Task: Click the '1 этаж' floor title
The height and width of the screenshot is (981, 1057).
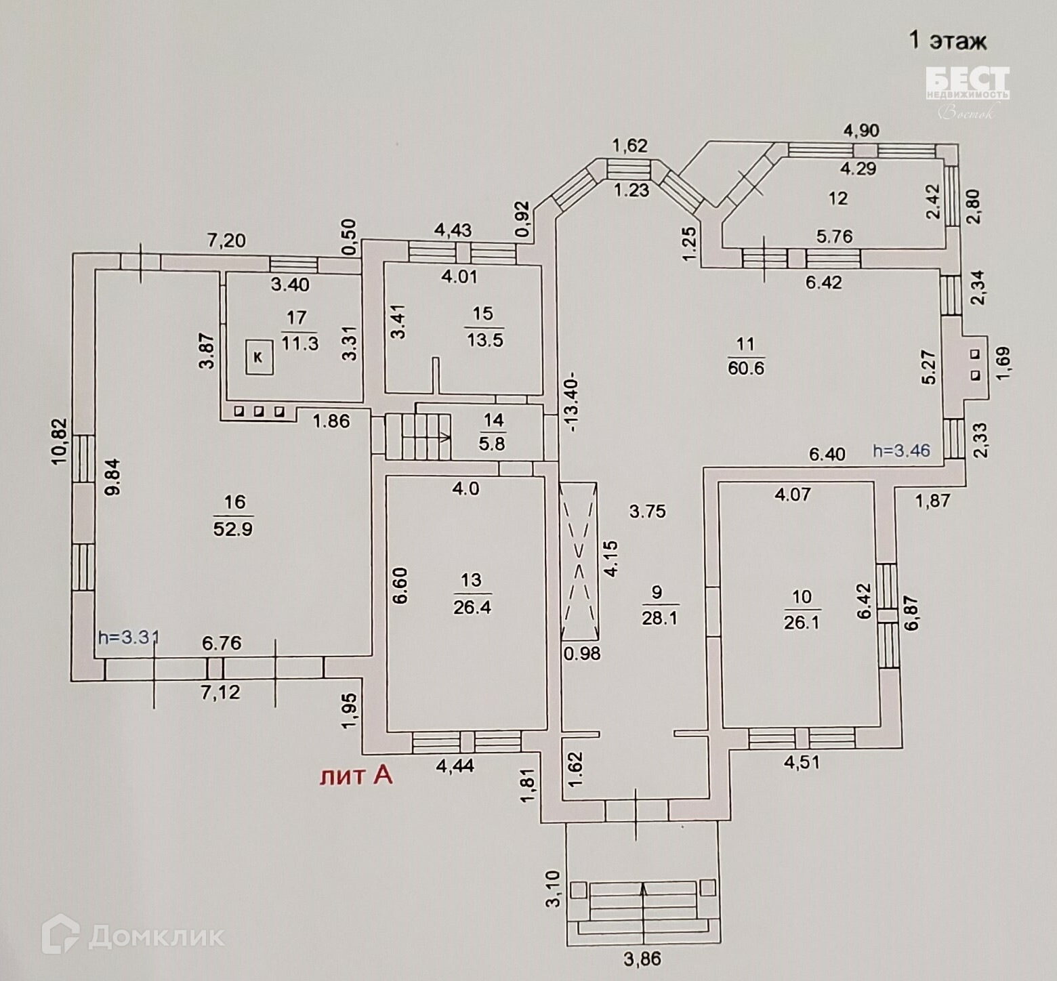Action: click(947, 41)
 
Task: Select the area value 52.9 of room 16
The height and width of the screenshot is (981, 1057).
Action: click(233, 528)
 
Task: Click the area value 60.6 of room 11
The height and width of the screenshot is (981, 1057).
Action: click(746, 367)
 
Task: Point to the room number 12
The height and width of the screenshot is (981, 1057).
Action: click(838, 198)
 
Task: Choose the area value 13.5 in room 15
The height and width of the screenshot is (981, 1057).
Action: click(484, 339)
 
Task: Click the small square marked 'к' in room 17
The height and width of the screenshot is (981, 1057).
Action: click(258, 356)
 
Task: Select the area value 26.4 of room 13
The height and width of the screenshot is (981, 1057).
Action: click(472, 606)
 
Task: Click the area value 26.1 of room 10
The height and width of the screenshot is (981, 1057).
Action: click(802, 622)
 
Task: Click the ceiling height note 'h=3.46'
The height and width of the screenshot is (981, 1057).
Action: click(901, 450)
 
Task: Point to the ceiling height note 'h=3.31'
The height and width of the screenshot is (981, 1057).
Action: click(129, 637)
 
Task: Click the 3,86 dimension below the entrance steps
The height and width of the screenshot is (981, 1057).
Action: click(640, 959)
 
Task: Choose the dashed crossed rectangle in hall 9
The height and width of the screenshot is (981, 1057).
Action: click(579, 560)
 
